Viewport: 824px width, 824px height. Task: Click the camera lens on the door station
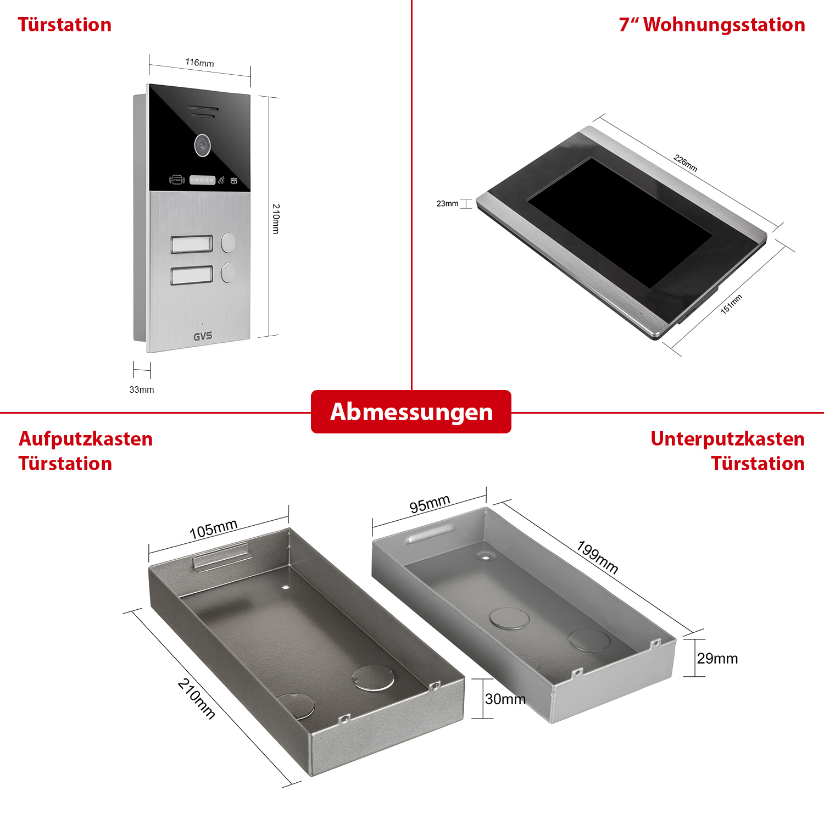[202, 145]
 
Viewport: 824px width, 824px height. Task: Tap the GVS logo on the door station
[203, 336]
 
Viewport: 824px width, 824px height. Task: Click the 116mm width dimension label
[199, 63]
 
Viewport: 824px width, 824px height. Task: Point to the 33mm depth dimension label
[142, 389]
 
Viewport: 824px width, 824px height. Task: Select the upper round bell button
[228, 242]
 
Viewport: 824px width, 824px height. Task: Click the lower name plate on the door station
[192, 276]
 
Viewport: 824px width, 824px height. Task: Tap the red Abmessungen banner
[411, 412]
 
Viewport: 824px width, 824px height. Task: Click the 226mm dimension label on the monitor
[686, 163]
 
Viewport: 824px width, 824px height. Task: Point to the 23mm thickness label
[447, 203]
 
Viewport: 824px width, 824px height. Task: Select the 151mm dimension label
[731, 304]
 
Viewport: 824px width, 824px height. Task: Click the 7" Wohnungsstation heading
[712, 25]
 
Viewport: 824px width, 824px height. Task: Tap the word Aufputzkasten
[86, 439]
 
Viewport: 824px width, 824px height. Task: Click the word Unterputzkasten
[727, 439]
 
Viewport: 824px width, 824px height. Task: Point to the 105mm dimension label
[213, 529]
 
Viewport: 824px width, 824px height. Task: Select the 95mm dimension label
[430, 503]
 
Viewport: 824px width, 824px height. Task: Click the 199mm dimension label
[598, 557]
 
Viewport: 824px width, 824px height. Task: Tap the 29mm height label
[717, 658]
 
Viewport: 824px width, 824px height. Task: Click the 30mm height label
[505, 699]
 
